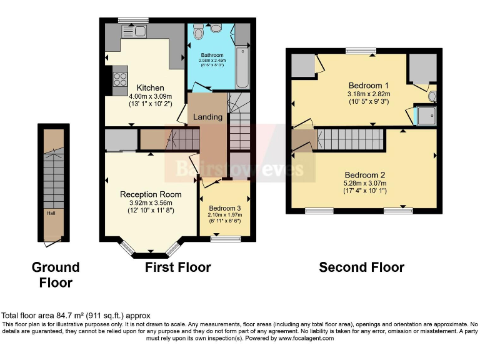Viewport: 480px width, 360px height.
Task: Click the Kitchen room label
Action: pyautogui.click(x=150, y=87)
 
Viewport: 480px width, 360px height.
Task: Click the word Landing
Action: pyautogui.click(x=207, y=117)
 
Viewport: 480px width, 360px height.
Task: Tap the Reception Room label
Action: pyautogui.click(x=151, y=194)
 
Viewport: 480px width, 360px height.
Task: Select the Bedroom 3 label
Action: pyautogui.click(x=224, y=208)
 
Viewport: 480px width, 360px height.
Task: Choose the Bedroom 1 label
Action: pyautogui.click(x=369, y=86)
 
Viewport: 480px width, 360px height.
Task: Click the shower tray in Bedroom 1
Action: pyautogui.click(x=427, y=116)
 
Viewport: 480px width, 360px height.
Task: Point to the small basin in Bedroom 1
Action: pyautogui.click(x=432, y=97)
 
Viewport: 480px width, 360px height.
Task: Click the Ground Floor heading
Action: pyautogui.click(x=56, y=274)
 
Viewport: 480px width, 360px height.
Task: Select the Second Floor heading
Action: pyautogui.click(x=361, y=267)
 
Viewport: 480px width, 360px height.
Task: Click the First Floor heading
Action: pyautogui.click(x=177, y=267)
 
